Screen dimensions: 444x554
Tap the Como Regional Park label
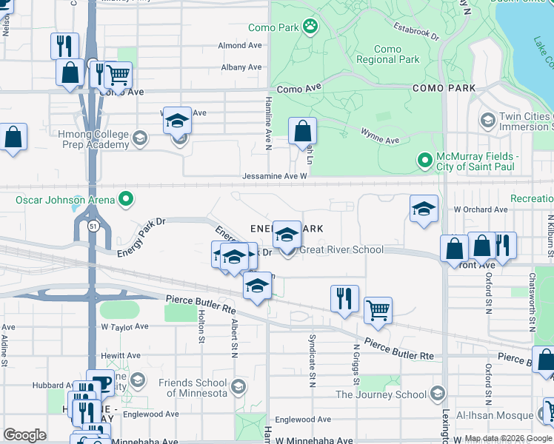coord(387,55)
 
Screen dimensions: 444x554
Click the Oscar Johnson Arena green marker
coord(126,199)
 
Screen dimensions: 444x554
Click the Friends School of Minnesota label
coord(193,388)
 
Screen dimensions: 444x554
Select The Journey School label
coord(381,394)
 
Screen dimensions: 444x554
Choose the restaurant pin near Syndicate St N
coord(344,298)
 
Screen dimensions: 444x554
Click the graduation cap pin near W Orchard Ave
coord(424,210)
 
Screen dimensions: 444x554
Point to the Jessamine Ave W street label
coord(274,176)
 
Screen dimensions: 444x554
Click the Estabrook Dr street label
coord(416,33)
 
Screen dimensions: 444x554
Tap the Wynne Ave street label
coord(380,136)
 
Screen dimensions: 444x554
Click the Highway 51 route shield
coord(91,225)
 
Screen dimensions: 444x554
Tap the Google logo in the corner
coord(24,435)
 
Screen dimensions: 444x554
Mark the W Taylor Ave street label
coord(124,326)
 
